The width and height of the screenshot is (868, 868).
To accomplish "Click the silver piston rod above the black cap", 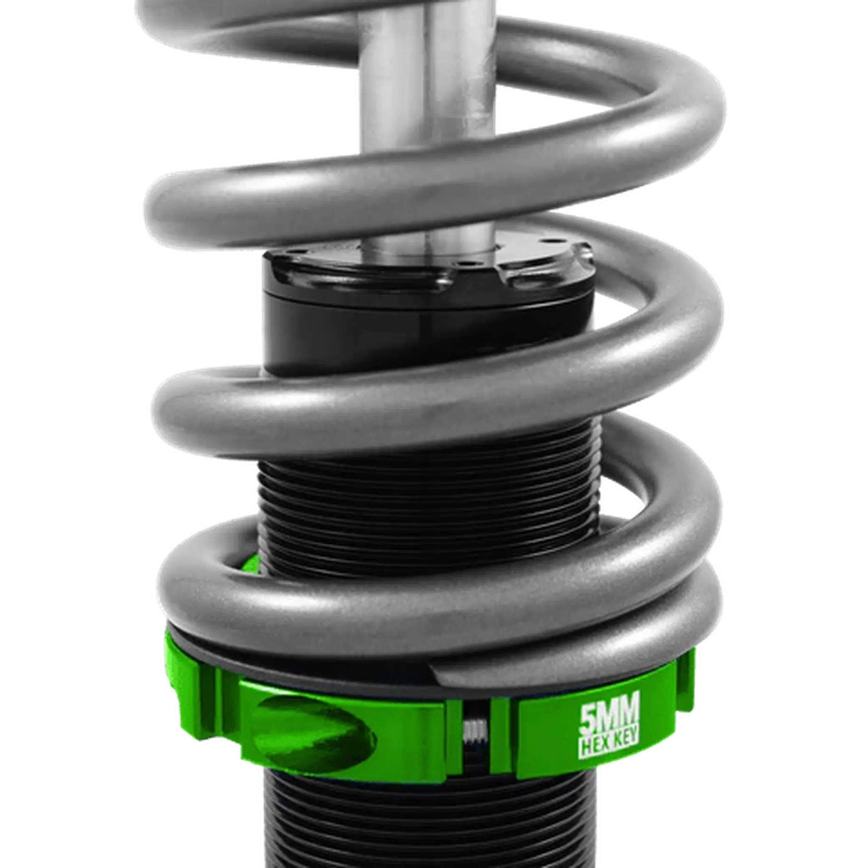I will [x=427, y=135].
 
